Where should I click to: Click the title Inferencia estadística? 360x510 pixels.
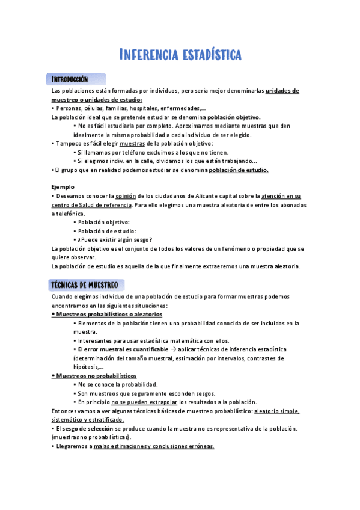pyautogui.click(x=180, y=55)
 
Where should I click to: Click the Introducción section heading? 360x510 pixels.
pyautogui.click(x=70, y=79)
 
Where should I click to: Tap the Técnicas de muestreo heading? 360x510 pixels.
pyautogui.click(x=85, y=284)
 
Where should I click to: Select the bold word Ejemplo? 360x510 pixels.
pyautogui.click(x=63, y=187)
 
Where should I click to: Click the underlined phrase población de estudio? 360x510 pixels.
pyautogui.click(x=238, y=170)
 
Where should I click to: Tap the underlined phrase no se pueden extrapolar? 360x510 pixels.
pyautogui.click(x=144, y=402)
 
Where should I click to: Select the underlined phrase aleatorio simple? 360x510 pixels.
pyautogui.click(x=277, y=411)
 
